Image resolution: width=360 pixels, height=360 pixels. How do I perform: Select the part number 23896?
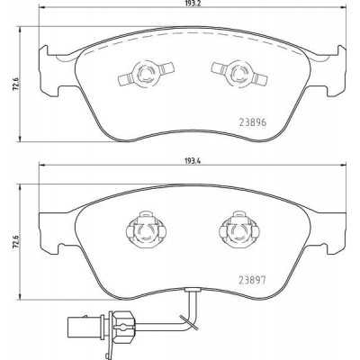(252, 122)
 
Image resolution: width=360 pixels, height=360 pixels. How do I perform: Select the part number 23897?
(252, 280)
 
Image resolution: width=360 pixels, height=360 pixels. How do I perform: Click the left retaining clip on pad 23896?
(146, 74)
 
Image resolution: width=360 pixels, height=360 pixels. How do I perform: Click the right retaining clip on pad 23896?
(239, 74)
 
